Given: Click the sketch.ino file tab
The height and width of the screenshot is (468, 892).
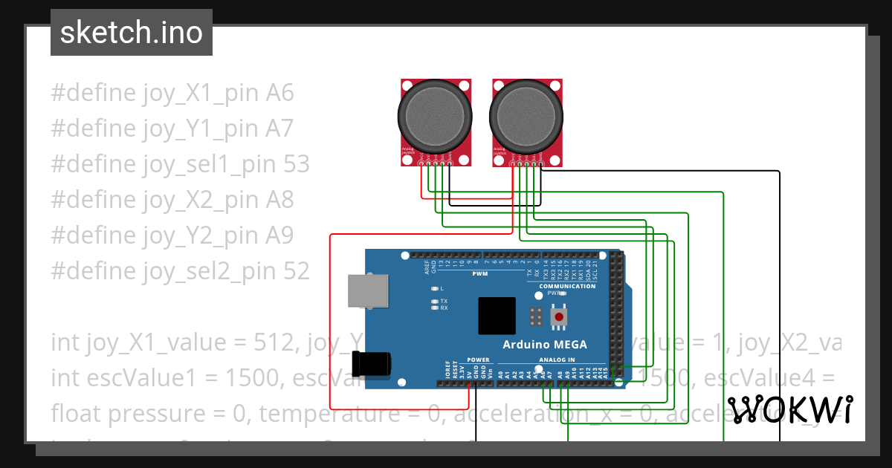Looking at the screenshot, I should click(x=132, y=33).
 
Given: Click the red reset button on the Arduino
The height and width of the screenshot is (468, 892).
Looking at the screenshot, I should click(x=559, y=317).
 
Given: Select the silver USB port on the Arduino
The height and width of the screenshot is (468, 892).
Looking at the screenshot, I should click(x=367, y=290).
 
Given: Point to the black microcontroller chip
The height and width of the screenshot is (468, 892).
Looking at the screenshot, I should click(x=497, y=316).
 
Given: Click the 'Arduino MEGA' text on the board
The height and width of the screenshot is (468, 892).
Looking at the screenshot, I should click(x=544, y=344).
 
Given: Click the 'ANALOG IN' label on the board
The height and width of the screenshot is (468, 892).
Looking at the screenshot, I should click(x=557, y=360).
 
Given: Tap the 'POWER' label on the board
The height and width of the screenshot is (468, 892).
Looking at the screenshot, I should click(x=479, y=360).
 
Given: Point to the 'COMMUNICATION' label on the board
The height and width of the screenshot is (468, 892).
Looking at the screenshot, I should click(x=567, y=286).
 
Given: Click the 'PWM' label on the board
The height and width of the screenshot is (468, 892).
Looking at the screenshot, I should click(x=479, y=274).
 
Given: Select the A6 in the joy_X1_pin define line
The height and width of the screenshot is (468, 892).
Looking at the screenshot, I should click(x=280, y=93).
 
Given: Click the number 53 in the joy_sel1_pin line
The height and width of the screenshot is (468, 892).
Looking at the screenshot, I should click(x=295, y=164).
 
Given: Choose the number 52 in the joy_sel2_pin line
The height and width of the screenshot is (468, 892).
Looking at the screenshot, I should click(x=295, y=271).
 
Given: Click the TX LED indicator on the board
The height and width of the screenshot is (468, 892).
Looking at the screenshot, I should click(x=435, y=302).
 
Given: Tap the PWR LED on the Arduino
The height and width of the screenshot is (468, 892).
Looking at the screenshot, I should click(x=563, y=293).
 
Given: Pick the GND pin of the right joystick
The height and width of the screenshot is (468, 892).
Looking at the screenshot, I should click(x=541, y=163).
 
